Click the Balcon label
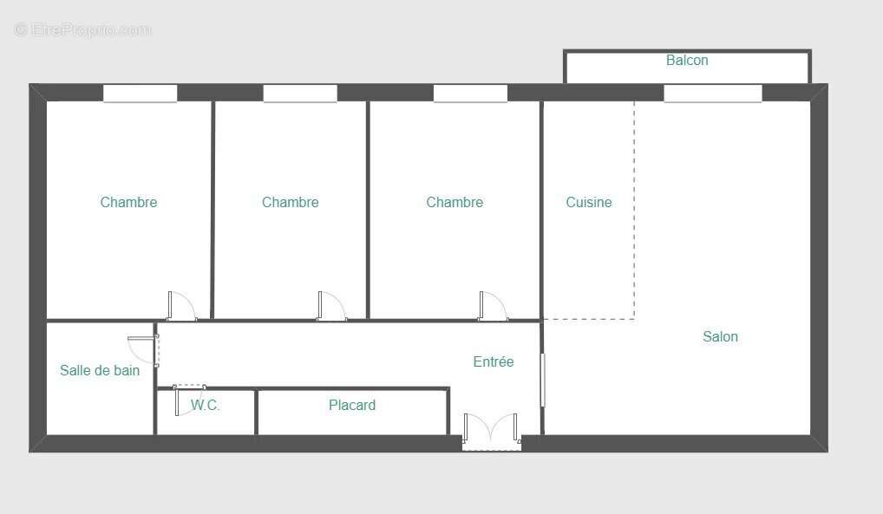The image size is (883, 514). point(687,61)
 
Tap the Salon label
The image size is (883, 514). point(720,337)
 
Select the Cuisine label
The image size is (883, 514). point(589,203)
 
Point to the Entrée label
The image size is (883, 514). point(494,362)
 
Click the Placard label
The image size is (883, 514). point(352,406)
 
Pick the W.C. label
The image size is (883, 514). point(206,406)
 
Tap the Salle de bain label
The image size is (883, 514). point(100,371)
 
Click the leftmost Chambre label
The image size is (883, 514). point(128,203)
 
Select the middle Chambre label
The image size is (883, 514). point(290,203)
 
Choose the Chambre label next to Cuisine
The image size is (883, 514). point(455,203)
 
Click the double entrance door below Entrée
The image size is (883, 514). point(491,431)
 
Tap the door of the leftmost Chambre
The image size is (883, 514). point(181,307)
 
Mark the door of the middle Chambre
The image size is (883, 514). point(331,307)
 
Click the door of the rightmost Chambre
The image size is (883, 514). point(492,307)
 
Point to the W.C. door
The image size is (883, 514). point(188,400)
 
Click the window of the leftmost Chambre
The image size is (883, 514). point(140,94)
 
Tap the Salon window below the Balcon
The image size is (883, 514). point(712,94)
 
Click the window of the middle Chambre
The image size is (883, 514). point(300,94)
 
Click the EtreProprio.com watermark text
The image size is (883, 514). point(83,30)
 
